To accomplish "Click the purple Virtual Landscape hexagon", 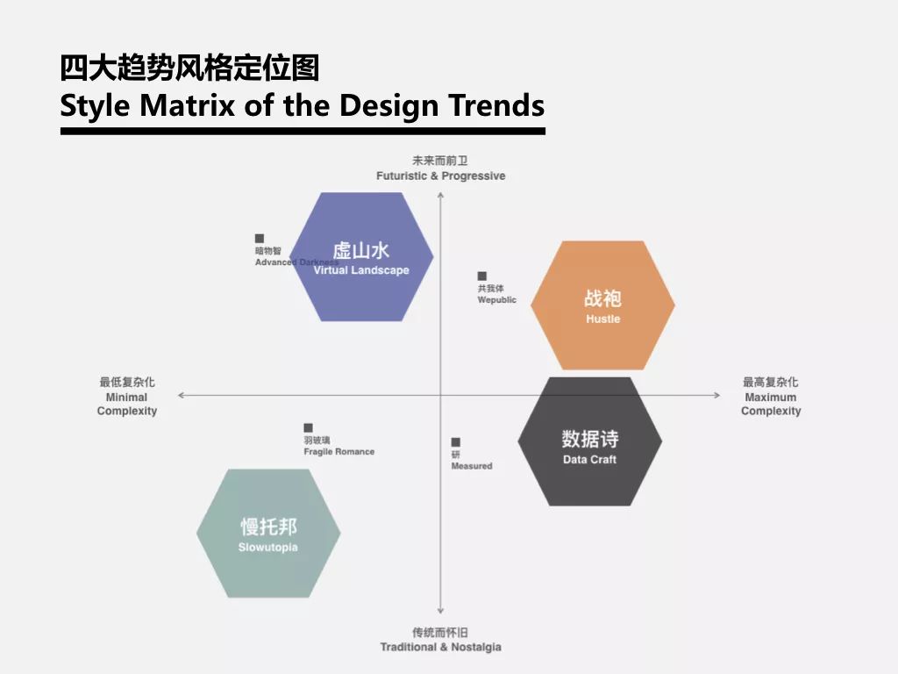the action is click(x=361, y=257).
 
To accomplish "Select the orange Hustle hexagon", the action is click(x=603, y=305).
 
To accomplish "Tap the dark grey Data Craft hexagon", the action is click(x=590, y=441).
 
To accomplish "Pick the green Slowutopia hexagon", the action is click(x=268, y=533).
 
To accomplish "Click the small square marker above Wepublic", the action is click(x=482, y=276).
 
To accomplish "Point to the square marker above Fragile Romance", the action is click(x=308, y=427).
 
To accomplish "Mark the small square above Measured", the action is click(x=456, y=442).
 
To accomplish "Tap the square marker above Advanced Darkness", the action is click(x=260, y=238).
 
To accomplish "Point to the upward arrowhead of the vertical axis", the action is click(x=440, y=195).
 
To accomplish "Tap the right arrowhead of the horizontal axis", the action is click(x=717, y=395).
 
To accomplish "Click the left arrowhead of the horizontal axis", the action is click(x=181, y=395).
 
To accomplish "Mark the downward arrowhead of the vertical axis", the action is click(x=440, y=611).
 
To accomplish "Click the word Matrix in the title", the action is click(x=188, y=105).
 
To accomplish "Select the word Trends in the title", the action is click(x=496, y=105).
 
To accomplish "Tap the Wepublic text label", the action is click(x=497, y=300).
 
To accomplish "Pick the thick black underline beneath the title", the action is click(x=303, y=132).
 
